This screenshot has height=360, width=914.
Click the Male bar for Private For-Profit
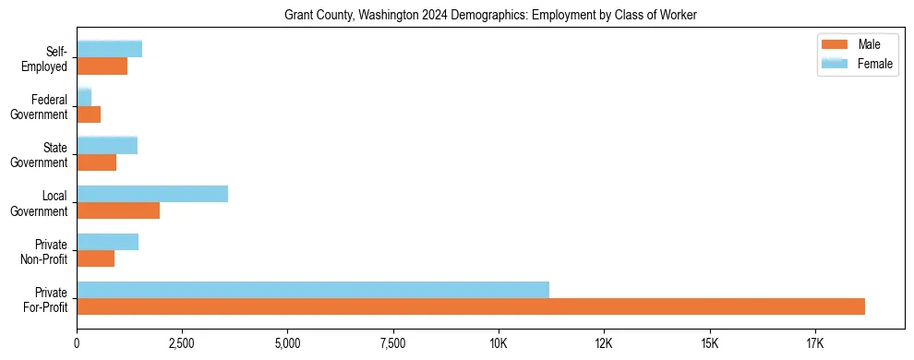tap(471, 306)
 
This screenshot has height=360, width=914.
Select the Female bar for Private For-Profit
tap(313, 290)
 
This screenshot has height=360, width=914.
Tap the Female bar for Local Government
tap(152, 194)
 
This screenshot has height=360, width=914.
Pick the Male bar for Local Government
tap(118, 210)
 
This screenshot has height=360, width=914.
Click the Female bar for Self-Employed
tap(109, 50)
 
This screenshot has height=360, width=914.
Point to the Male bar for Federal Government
tap(89, 114)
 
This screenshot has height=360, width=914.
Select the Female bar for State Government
tap(107, 146)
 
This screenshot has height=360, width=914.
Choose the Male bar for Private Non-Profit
tap(95, 258)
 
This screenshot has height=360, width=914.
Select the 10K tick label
tap(499, 343)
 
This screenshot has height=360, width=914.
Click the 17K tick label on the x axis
tap(814, 343)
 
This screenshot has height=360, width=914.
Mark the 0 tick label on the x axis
tap(77, 343)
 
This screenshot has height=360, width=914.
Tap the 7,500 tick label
tap(393, 343)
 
